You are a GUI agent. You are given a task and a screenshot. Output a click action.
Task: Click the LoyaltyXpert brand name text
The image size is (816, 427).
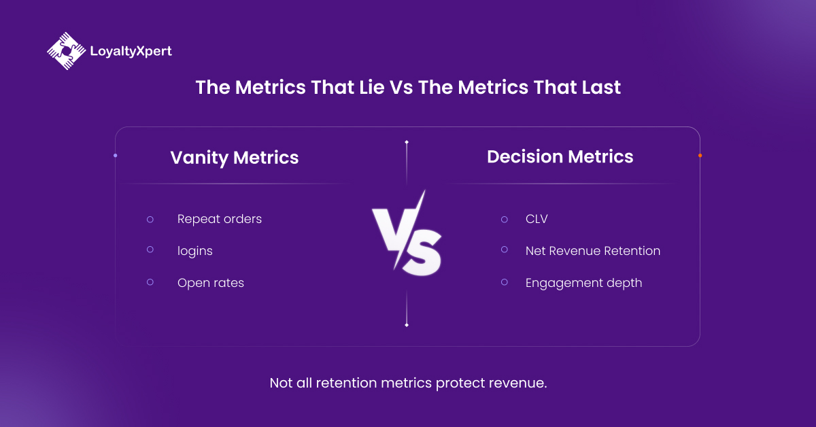(x=131, y=51)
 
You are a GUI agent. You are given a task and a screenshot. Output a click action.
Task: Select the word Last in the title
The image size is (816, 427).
(x=598, y=88)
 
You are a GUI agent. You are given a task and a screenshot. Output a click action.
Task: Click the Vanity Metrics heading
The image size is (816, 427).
(x=234, y=158)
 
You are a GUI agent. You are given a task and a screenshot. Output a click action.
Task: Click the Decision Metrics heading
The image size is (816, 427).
(x=560, y=156)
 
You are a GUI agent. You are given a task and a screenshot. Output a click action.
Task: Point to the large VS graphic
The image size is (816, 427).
(x=407, y=235)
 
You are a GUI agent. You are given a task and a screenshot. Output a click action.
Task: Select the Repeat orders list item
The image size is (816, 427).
(x=219, y=219)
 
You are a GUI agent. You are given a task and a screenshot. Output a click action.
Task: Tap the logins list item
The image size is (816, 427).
(x=194, y=251)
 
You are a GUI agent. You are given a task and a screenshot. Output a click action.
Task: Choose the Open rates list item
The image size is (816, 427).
(x=210, y=283)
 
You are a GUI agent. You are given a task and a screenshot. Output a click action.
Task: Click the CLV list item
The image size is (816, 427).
(x=536, y=219)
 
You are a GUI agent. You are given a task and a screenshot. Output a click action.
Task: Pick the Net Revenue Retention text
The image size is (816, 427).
(x=592, y=251)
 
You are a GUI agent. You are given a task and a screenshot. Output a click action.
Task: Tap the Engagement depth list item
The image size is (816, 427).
(x=583, y=283)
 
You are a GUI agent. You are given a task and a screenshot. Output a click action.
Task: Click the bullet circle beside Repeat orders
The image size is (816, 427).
(x=150, y=219)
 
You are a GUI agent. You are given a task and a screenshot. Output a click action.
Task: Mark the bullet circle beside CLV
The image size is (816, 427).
(x=504, y=219)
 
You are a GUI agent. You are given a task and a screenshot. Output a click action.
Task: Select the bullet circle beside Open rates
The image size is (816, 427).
(x=150, y=282)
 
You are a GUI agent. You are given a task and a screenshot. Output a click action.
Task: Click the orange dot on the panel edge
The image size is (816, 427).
(x=700, y=156)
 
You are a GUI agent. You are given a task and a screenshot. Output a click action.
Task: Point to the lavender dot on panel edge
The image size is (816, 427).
(x=115, y=156)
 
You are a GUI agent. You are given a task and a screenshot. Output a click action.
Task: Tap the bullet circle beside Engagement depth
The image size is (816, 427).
(x=504, y=282)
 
